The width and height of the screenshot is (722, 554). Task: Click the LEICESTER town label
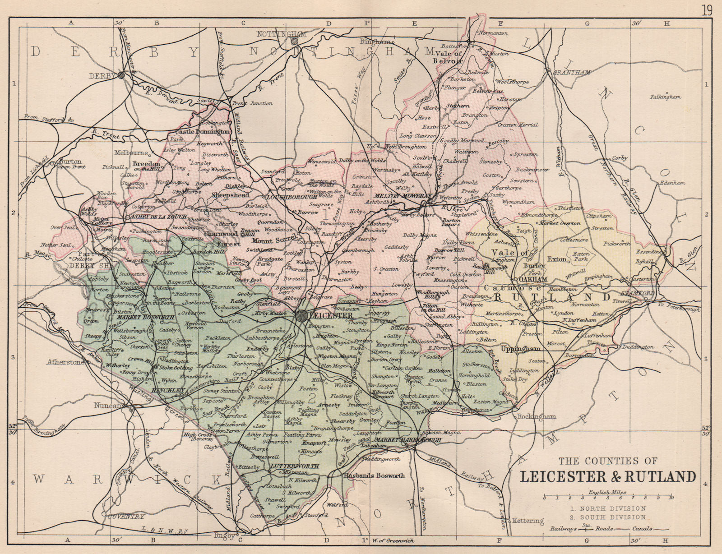(x=331, y=316)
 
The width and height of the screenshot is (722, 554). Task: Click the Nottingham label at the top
(x=281, y=34)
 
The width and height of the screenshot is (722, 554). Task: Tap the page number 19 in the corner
(x=706, y=10)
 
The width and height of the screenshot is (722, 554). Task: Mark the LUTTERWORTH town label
(x=295, y=466)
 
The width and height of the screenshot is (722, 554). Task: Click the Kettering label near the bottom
(x=529, y=521)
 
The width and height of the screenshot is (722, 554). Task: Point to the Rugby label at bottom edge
(x=225, y=536)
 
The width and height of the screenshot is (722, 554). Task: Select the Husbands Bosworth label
(x=374, y=476)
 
